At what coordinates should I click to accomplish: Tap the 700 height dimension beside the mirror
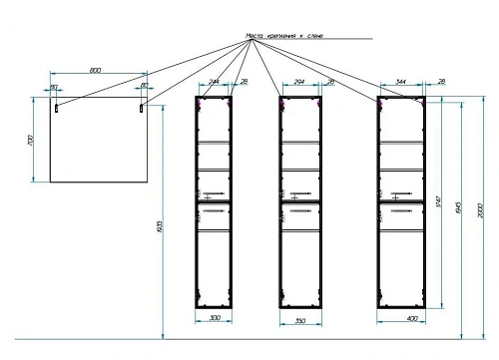coord(33,142)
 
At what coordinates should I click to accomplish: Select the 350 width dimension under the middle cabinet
coord(300,321)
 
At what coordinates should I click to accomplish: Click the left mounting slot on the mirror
coord(58,105)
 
